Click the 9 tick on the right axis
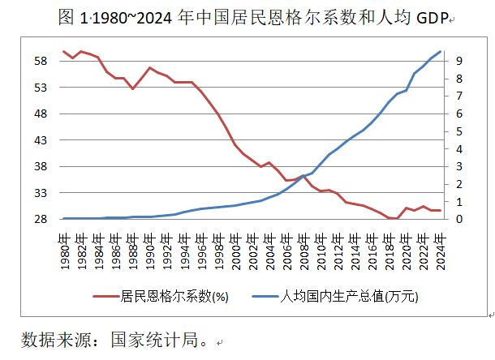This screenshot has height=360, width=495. [x=459, y=61]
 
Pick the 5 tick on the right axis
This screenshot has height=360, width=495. [x=459, y=131]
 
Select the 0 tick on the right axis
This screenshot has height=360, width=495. [x=459, y=220]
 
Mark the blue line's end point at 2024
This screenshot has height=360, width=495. [x=440, y=52]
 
